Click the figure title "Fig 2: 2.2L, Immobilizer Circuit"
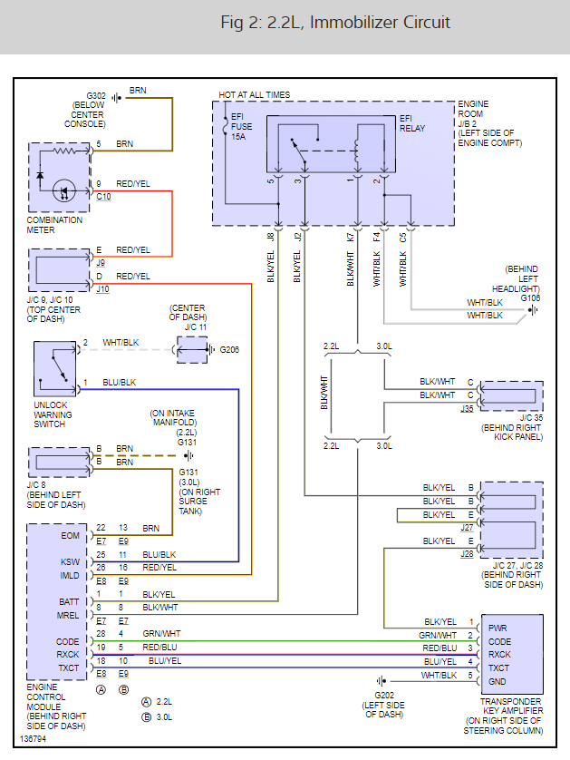(x=335, y=23)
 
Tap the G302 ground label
(x=96, y=95)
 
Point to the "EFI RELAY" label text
(x=412, y=123)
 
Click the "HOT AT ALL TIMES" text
(x=255, y=95)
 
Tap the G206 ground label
(x=227, y=349)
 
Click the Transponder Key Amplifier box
(x=514, y=654)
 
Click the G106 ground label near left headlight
(x=529, y=297)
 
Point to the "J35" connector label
(x=467, y=408)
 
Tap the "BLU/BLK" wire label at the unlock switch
(x=119, y=383)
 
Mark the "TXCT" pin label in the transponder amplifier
(x=498, y=667)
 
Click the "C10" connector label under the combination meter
(x=104, y=197)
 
